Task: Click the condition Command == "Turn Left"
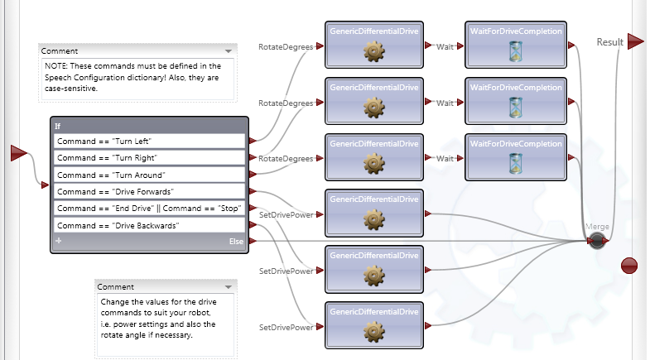(x=149, y=142)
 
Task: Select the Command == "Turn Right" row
(x=149, y=158)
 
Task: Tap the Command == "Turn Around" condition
(x=149, y=175)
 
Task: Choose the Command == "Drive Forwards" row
(x=149, y=191)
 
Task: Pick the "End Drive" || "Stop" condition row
(x=149, y=208)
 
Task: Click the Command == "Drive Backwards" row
(x=149, y=225)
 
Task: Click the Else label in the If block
(x=236, y=241)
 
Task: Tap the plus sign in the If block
(x=58, y=241)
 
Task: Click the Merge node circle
(x=596, y=241)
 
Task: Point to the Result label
(x=609, y=41)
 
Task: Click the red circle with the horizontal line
(x=629, y=265)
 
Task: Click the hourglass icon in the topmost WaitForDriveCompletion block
(x=516, y=53)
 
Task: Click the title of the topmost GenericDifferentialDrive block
(x=375, y=31)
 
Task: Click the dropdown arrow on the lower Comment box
(x=229, y=286)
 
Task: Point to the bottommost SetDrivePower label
(x=286, y=327)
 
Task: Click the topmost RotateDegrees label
(x=286, y=47)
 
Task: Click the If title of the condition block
(x=58, y=126)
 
